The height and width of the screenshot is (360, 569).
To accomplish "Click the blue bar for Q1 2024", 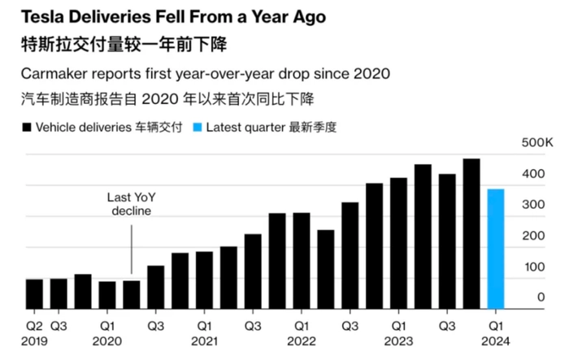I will (496, 248).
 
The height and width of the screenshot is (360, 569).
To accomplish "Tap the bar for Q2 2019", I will (34, 293).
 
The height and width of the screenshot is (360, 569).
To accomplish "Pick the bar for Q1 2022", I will (302, 260).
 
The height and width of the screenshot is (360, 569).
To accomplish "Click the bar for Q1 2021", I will (204, 280).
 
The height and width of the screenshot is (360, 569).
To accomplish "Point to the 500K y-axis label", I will (537, 143).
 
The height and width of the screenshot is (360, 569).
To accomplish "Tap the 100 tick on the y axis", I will (534, 267).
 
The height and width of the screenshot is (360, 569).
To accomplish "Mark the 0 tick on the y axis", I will (541, 297).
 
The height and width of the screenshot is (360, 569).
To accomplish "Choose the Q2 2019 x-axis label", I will (34, 332).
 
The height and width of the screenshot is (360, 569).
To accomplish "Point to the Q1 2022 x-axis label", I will (301, 332).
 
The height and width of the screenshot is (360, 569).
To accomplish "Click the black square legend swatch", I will (27, 128).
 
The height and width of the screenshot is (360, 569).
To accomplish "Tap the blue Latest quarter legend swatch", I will (198, 128).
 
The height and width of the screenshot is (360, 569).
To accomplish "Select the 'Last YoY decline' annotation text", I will (131, 204).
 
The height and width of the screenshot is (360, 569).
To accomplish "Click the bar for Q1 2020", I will (107, 294).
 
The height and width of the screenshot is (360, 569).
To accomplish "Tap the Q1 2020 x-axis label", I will (107, 332).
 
